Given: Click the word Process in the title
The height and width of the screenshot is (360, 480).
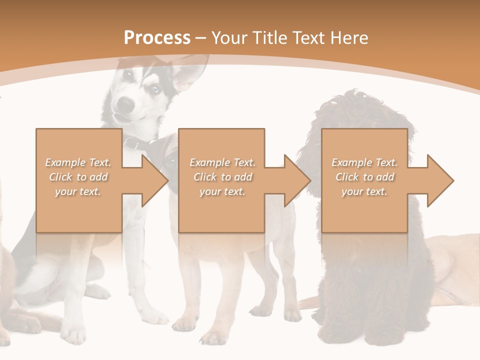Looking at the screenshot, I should click(x=157, y=38).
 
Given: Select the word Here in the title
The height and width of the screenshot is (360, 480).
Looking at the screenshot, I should click(x=348, y=38).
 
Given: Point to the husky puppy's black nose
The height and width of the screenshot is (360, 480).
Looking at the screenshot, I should click(x=126, y=104).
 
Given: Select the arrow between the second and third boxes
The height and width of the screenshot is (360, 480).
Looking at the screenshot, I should click(x=291, y=180).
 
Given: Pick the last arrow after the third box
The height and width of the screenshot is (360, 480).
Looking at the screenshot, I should click(x=435, y=180).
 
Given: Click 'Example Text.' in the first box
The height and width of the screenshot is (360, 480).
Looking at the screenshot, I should click(x=78, y=162).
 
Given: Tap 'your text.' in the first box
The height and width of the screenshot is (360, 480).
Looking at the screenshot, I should click(x=78, y=191).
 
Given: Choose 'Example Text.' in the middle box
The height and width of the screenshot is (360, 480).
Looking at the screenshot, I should click(x=222, y=162).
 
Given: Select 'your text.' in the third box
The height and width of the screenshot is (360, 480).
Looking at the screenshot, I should click(x=364, y=191).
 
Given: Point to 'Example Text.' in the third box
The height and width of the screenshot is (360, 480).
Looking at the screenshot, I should click(x=364, y=162).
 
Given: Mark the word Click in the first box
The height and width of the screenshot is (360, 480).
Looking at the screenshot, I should click(x=60, y=177).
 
